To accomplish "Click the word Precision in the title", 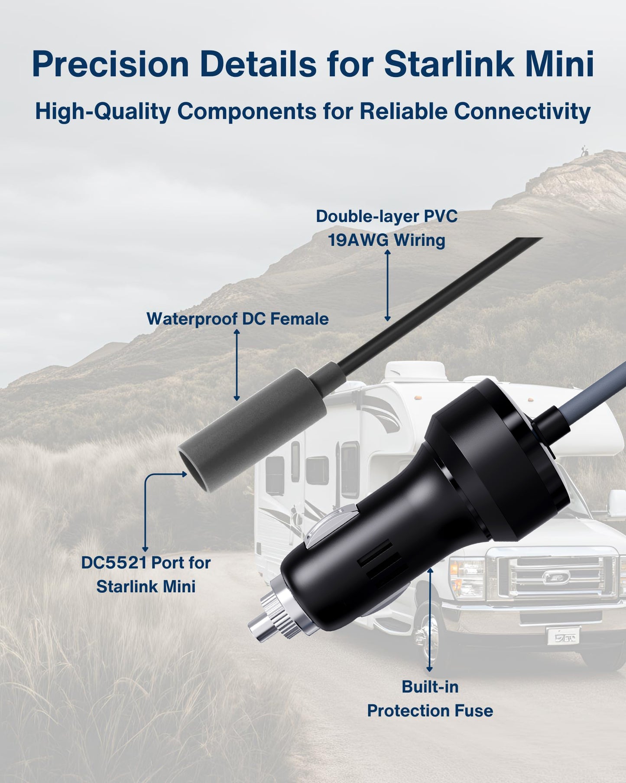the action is click(110, 65).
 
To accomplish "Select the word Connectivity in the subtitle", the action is click(522, 111).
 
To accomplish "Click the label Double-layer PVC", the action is click(386, 216).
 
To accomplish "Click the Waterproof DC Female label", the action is click(237, 319).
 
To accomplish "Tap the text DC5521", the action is click(114, 563).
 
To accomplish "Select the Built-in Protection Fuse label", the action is click(430, 698).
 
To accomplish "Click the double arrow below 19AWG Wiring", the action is click(388, 285).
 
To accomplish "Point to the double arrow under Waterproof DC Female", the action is click(237, 365).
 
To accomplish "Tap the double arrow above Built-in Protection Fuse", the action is click(430, 620).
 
